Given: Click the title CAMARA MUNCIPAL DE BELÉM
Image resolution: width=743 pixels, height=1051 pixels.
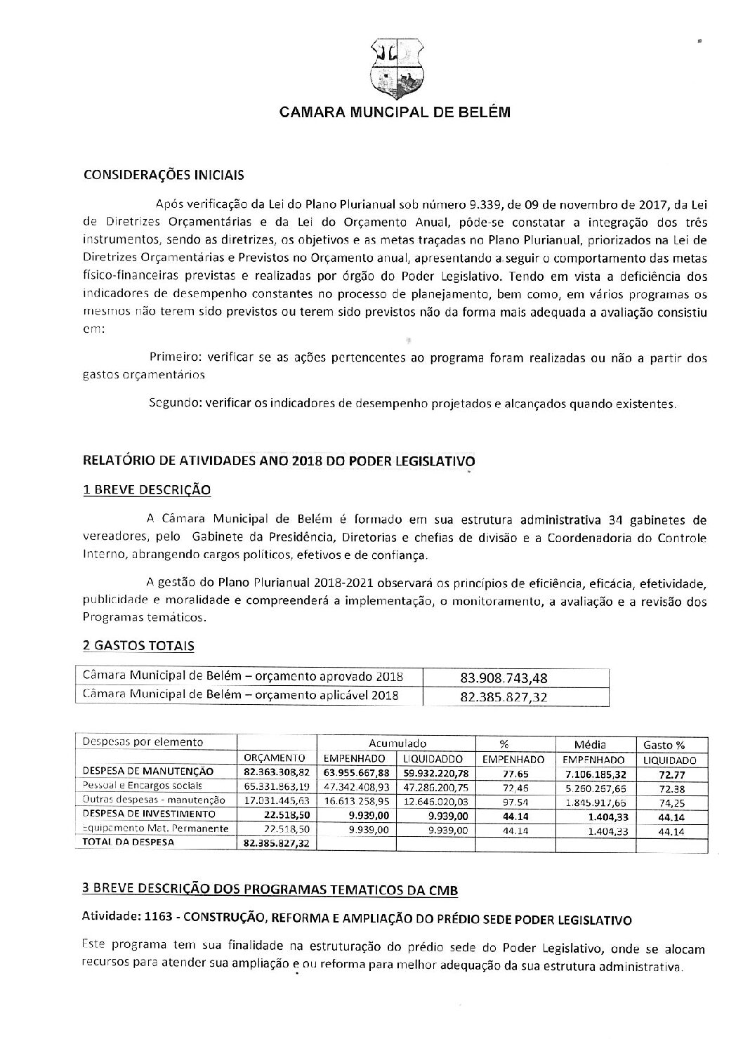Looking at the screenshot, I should coord(395,112).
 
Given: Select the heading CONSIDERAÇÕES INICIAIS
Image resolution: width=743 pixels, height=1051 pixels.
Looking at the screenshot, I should coord(164,175).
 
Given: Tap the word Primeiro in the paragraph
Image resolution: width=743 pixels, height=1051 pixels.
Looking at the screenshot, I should coord(173,358).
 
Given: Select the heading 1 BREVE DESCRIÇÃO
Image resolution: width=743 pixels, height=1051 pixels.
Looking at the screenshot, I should coord(147,489).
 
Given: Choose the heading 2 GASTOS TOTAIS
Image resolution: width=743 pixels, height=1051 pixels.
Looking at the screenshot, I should coord(138,645).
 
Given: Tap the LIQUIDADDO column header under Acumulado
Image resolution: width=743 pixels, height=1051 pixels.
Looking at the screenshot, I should coord(434,759).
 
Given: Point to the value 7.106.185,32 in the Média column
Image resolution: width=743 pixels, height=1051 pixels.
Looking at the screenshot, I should coord(594,774).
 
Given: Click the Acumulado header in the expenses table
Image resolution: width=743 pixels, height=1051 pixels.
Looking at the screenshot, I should coord(397,743).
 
